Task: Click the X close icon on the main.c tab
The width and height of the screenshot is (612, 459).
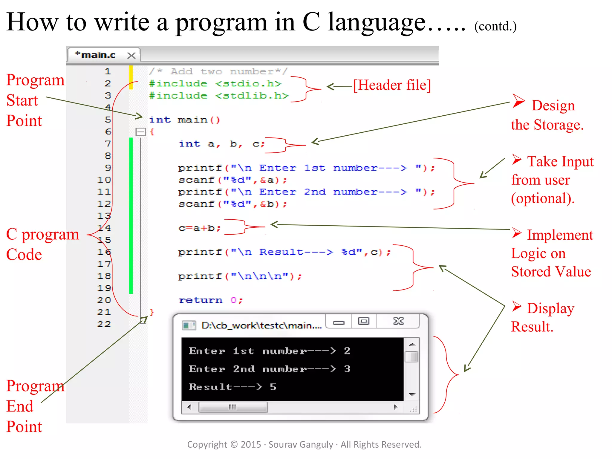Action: click(x=131, y=55)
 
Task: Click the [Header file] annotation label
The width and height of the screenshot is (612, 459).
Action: click(x=392, y=85)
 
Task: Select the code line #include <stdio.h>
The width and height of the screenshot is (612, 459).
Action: click(x=215, y=84)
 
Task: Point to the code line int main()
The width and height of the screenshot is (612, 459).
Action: click(x=184, y=120)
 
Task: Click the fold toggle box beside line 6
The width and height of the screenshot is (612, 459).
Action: click(x=140, y=132)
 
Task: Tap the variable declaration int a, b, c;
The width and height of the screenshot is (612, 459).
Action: click(x=221, y=144)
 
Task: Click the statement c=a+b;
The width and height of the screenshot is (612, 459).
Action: click(x=199, y=228)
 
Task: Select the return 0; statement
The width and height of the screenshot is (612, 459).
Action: click(x=211, y=300)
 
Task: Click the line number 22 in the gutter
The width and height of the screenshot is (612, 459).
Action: click(x=104, y=324)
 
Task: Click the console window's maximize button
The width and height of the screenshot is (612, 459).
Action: click(x=364, y=322)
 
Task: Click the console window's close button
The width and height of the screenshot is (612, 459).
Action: click(x=398, y=322)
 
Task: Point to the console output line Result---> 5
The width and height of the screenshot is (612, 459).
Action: click(x=232, y=387)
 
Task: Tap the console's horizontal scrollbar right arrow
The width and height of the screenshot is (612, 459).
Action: click(x=396, y=407)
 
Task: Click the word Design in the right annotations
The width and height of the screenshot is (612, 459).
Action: click(x=553, y=105)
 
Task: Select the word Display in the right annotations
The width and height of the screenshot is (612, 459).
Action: click(x=550, y=308)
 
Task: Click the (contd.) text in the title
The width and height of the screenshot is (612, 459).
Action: click(x=495, y=26)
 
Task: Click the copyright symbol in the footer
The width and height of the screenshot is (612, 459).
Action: click(x=234, y=445)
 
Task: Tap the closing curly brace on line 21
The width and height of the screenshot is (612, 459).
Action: click(x=152, y=312)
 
